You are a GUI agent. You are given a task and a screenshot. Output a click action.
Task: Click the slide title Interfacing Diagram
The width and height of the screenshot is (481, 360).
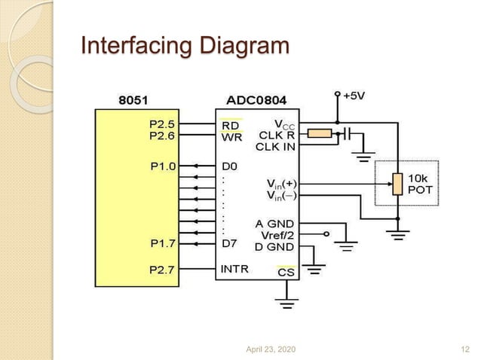point(185,46)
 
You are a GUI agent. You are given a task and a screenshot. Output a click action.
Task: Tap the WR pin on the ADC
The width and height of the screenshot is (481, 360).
point(231,137)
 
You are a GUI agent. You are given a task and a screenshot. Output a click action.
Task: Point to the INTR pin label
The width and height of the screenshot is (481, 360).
point(235,268)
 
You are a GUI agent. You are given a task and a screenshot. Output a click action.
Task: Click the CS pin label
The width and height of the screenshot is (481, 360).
point(286,273)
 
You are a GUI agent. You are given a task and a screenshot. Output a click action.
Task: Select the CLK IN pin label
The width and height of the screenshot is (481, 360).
point(275,147)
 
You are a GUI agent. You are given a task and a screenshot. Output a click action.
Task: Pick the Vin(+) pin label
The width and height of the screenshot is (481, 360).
point(281,183)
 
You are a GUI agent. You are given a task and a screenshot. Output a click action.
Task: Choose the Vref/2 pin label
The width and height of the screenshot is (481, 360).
point(276,235)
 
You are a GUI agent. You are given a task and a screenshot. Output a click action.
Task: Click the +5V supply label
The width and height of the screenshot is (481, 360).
point(355,96)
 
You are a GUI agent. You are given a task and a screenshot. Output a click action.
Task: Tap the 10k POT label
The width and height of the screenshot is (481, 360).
point(420,184)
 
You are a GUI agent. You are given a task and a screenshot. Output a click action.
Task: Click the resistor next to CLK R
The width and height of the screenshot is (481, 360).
point(320,134)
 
